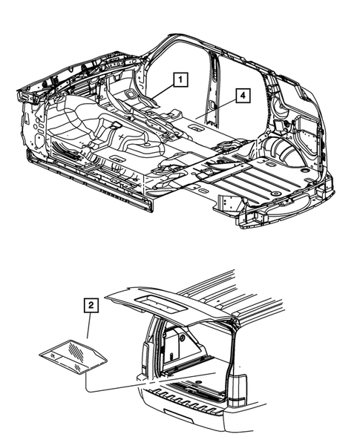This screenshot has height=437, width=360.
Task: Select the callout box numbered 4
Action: (241, 95)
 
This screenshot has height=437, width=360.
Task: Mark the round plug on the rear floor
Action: (275, 193)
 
